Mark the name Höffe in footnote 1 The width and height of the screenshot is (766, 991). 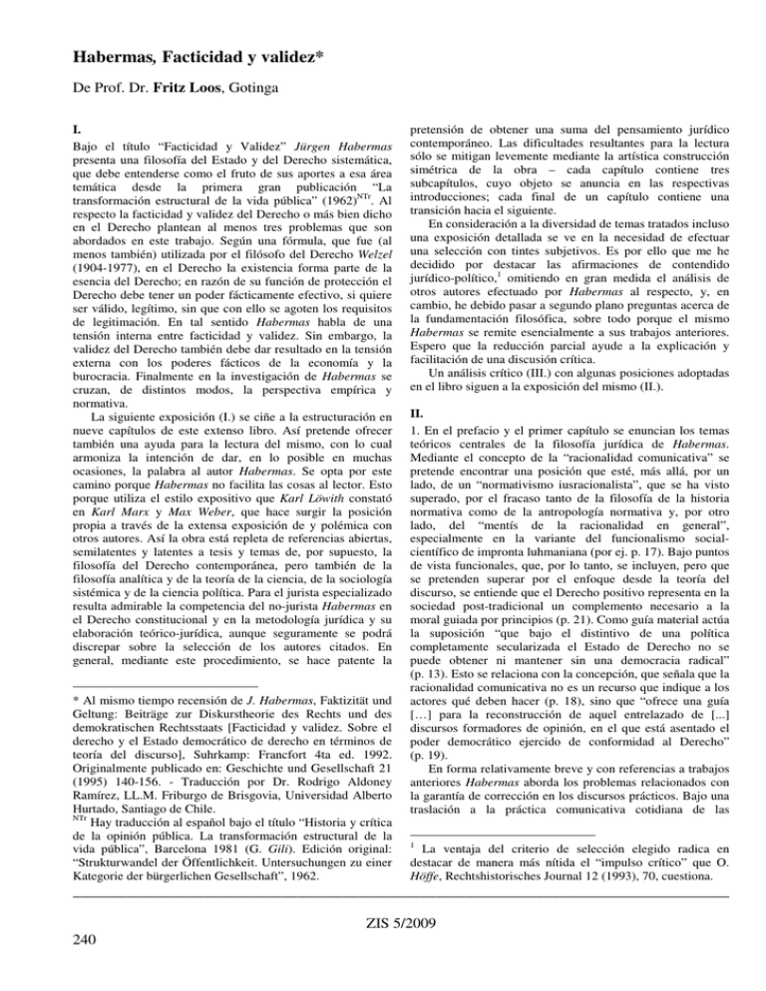430,865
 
